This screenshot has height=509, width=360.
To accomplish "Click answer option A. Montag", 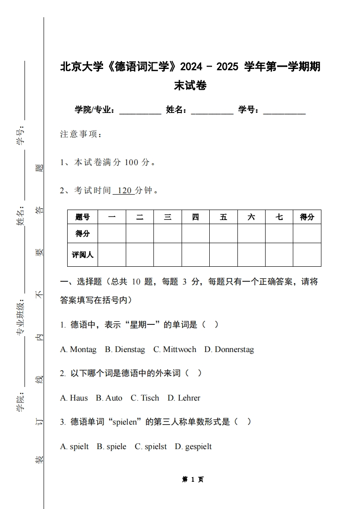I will [x=78, y=349].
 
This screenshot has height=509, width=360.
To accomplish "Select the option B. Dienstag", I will [x=125, y=349].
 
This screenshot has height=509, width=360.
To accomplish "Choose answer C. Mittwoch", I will [x=175, y=349].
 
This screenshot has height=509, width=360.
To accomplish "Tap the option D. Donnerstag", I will [x=229, y=349].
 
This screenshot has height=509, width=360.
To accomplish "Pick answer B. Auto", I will [x=109, y=398].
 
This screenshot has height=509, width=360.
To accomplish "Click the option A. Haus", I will [x=74, y=398].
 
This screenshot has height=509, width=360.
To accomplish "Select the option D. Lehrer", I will [x=184, y=398].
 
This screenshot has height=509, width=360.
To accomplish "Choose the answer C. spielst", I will [x=151, y=446].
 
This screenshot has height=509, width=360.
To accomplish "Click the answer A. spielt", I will [x=74, y=446].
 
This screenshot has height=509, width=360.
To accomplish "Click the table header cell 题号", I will [x=83, y=217].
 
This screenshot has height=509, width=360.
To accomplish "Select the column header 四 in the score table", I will [x=195, y=217].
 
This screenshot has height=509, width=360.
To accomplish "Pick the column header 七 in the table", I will [x=279, y=217].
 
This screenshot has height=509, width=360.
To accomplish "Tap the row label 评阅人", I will [x=83, y=254].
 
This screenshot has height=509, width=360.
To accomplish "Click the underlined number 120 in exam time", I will [x=123, y=191].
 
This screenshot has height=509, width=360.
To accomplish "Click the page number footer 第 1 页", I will [x=192, y=480].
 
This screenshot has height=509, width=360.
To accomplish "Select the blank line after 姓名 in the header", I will [x=212, y=110].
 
